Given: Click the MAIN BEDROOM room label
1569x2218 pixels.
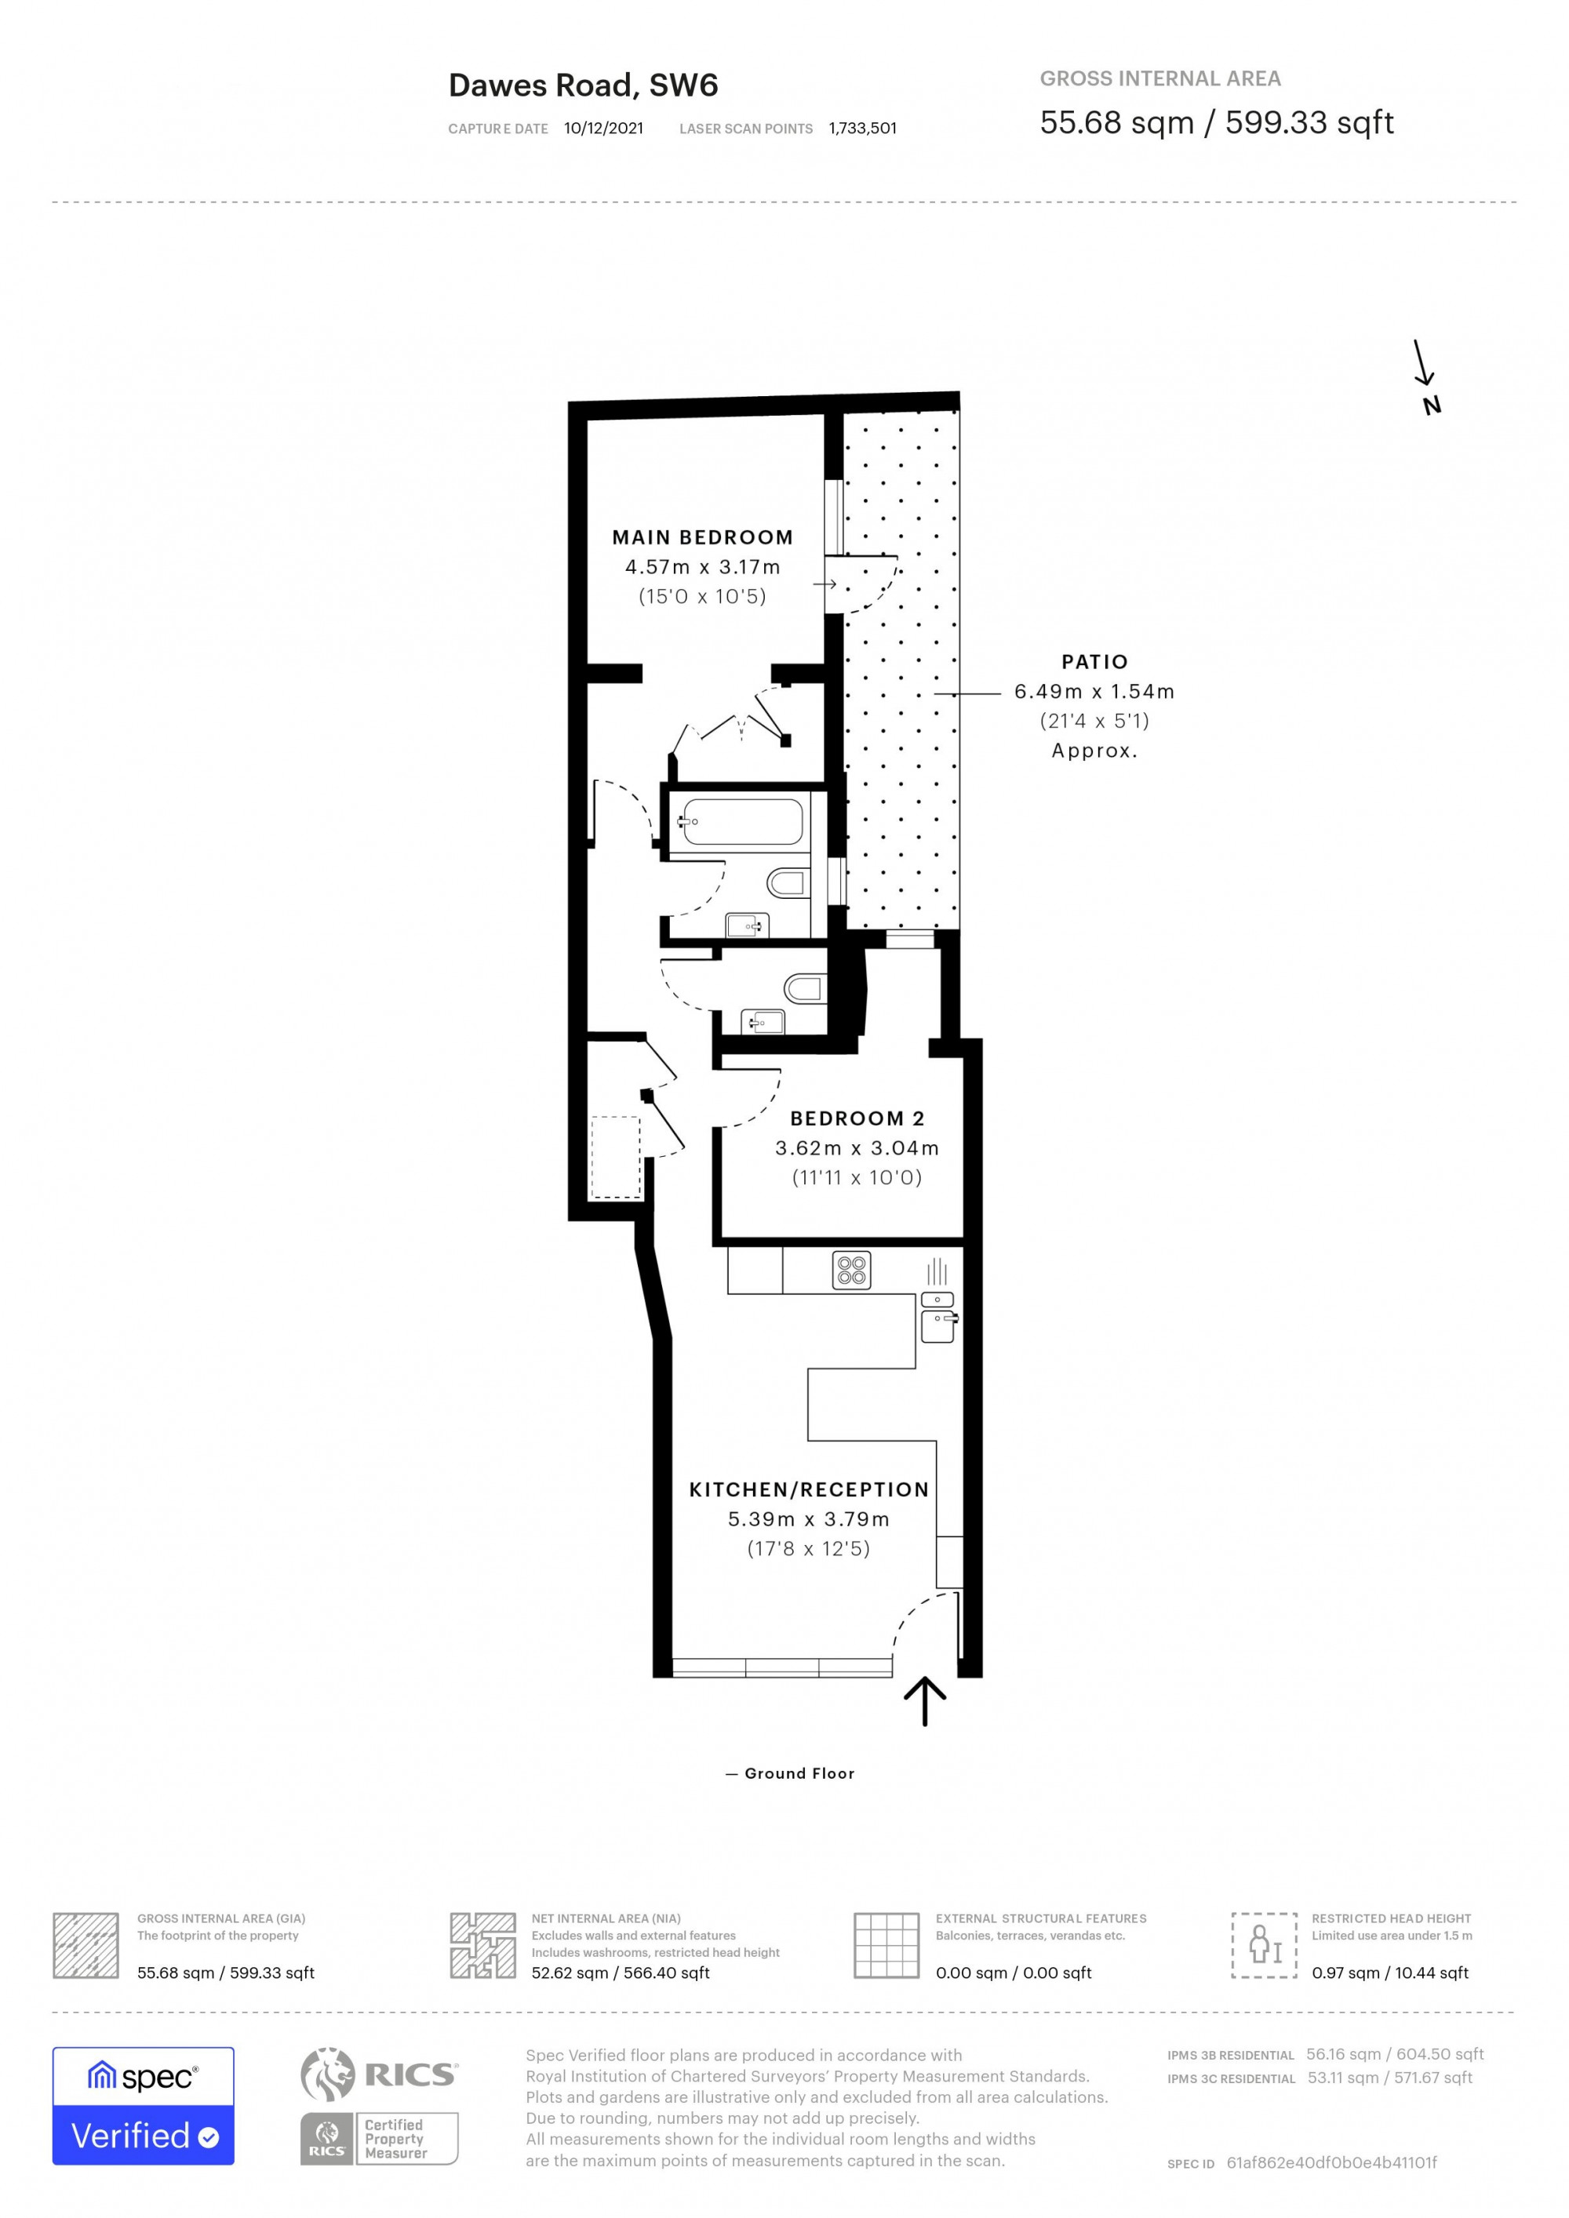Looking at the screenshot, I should point(702,537).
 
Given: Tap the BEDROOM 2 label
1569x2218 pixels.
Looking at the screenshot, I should point(857,1118).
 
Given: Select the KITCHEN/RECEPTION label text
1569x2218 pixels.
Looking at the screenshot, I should point(809,1489).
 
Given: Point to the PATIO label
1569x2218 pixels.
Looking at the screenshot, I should point(1094,662).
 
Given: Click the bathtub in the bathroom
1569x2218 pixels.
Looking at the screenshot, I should point(741,822).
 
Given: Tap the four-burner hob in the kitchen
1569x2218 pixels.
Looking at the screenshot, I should point(851,1271).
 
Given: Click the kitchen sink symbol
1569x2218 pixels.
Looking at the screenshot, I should point(938,1325).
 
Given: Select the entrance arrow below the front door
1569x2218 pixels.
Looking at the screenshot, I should point(925,1701).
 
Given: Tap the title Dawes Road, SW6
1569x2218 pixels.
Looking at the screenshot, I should point(584,86).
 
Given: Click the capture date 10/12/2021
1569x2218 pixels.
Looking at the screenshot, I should point(604,129).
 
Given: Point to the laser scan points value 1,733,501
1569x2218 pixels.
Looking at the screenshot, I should point(863,129).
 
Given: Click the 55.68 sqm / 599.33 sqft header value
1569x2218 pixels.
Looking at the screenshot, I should point(1216,122).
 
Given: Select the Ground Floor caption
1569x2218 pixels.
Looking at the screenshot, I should point(799,1773).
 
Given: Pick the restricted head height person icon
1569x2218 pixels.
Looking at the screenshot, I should point(1264,1943).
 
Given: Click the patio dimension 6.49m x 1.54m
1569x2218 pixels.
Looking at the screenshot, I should point(1094,692).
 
